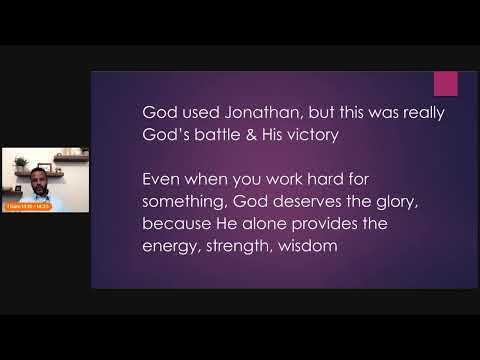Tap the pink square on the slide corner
tap(446, 84)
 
